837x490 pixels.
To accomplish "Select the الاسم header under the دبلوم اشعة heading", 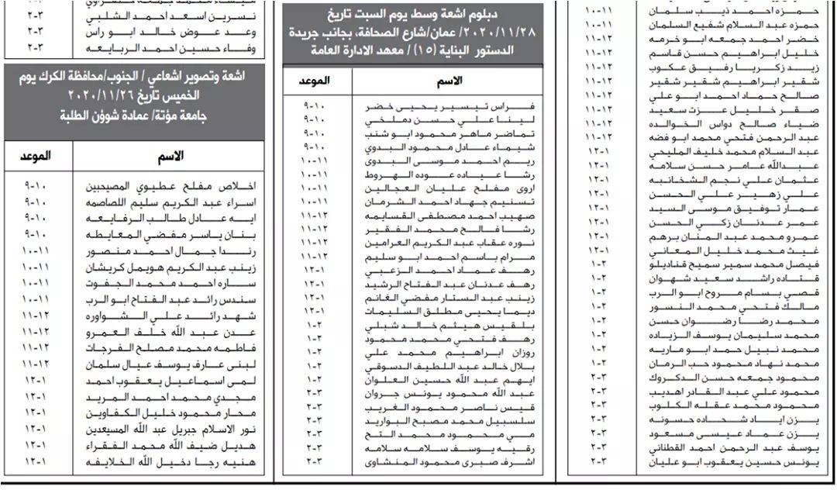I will pyautogui.click(x=451, y=81).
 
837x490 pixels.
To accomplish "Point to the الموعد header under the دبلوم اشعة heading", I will pyautogui.click(x=313, y=81).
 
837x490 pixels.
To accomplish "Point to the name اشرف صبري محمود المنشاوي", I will pyautogui.click(x=449, y=463).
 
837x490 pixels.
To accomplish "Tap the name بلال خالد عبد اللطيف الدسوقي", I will pyautogui.click(x=449, y=364).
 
